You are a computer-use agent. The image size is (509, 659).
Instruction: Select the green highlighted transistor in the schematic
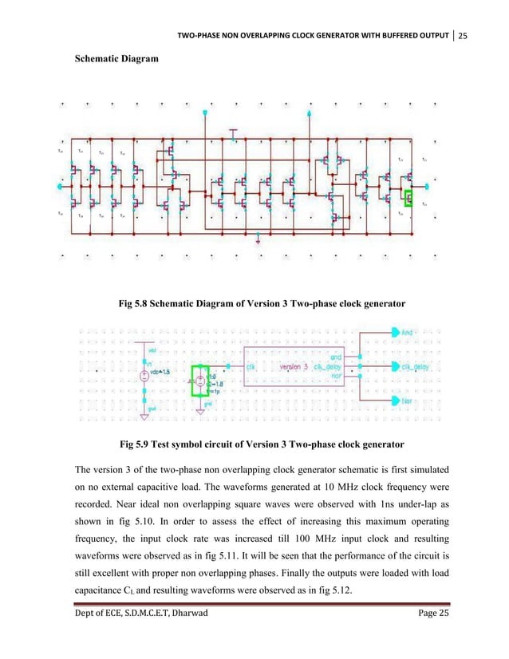coord(410,198)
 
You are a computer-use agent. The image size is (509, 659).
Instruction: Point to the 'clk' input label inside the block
coord(251,367)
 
